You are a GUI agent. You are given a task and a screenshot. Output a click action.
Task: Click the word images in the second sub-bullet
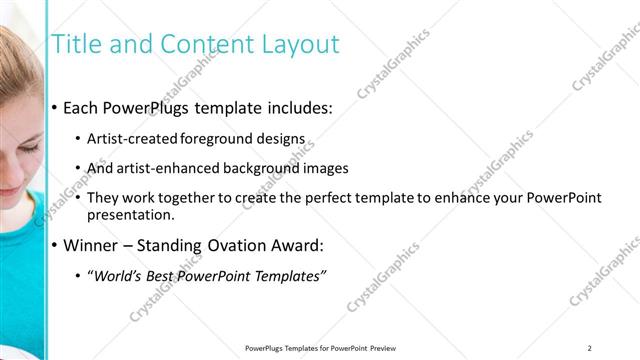[x=327, y=168]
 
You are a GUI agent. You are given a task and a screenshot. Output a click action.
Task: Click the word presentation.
[x=130, y=214]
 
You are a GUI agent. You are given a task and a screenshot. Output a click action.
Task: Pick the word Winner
[x=92, y=245]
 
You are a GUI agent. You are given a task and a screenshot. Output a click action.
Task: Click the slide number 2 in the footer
[x=590, y=347]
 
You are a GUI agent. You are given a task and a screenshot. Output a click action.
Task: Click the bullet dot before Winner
[x=54, y=245]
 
